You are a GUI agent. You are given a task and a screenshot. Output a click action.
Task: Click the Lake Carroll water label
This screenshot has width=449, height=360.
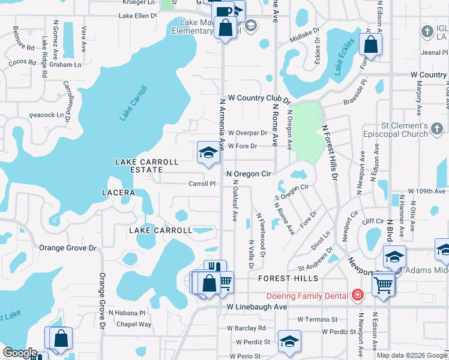[x=133, y=104]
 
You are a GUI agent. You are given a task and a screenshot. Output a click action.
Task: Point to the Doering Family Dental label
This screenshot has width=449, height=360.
[x=308, y=295]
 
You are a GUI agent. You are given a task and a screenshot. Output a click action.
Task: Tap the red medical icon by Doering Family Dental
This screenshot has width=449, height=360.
[x=358, y=295]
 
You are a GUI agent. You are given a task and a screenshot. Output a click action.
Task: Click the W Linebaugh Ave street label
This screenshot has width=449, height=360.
[x=257, y=307]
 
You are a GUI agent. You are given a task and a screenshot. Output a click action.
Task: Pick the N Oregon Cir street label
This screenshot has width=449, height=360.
[x=249, y=174]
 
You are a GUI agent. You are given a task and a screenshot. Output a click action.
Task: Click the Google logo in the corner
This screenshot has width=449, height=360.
[x=20, y=353]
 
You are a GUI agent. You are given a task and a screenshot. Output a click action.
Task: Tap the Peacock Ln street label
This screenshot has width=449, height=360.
[x=46, y=115]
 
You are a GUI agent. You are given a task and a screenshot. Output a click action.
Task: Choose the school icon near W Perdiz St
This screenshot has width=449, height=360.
[x=289, y=341]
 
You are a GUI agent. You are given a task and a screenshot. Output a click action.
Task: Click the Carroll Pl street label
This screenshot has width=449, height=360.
[x=202, y=184]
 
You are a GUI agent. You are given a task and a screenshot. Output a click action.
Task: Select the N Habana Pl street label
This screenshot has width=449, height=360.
[x=127, y=313]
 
